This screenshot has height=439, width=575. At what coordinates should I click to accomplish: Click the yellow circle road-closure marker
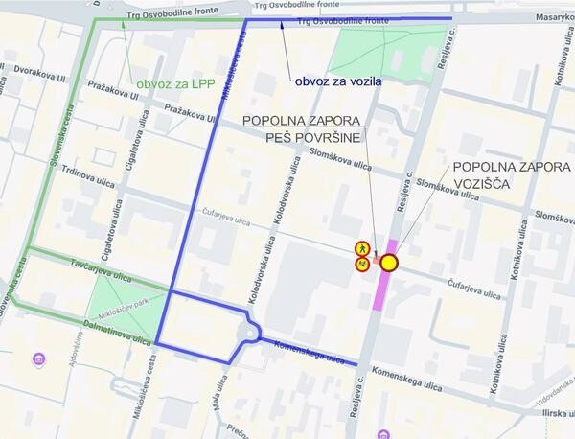click(x=389, y=263)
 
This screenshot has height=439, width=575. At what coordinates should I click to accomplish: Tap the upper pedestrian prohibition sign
click(x=363, y=247)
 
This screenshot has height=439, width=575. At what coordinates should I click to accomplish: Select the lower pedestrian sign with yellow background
click(x=363, y=265)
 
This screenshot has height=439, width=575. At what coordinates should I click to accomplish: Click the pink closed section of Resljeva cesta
click(x=383, y=288)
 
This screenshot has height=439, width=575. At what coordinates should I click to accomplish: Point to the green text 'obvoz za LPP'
click(x=174, y=84)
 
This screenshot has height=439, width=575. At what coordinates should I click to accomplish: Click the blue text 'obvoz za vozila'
click(x=338, y=81)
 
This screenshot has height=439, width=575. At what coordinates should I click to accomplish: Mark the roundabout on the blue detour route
click(x=253, y=334)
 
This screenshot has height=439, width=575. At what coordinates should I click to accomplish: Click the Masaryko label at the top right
click(x=555, y=19)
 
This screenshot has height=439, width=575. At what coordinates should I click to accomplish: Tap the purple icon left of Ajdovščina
click(x=39, y=359)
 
